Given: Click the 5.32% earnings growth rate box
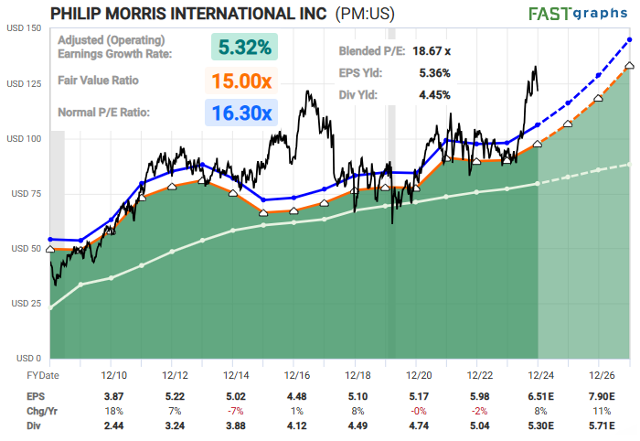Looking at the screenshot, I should (x=244, y=47).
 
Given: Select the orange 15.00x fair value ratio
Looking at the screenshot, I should (x=241, y=81).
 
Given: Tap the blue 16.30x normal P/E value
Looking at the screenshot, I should (x=241, y=113).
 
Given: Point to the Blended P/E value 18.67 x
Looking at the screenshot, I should (x=435, y=54).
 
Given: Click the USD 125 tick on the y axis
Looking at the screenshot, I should (x=22, y=84).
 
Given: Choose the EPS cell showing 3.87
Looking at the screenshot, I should (x=114, y=396).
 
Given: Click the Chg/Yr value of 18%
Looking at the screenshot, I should (x=114, y=411).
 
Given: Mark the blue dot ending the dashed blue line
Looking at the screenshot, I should (x=630, y=40).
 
